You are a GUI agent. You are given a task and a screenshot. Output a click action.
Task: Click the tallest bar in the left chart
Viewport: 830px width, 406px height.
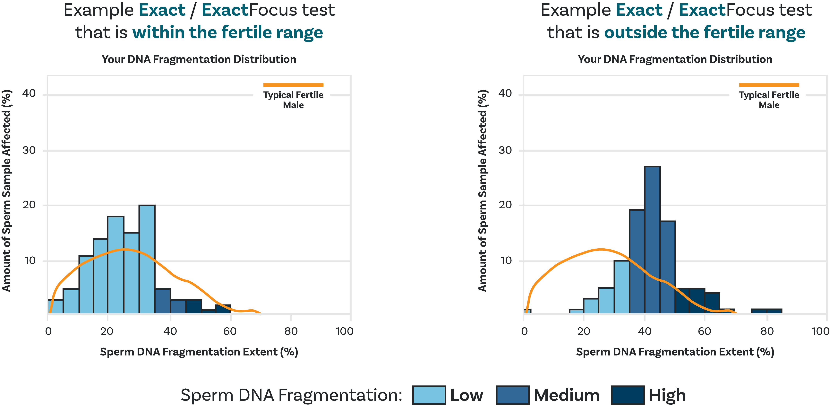147,258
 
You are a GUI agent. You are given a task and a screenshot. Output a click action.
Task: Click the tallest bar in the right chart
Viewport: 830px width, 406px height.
652,239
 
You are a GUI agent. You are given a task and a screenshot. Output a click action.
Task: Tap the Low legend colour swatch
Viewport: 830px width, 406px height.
429,395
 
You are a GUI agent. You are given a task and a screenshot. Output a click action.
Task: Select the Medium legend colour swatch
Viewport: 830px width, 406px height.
512,395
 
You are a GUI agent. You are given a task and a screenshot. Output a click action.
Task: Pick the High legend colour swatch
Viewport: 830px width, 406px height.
628,395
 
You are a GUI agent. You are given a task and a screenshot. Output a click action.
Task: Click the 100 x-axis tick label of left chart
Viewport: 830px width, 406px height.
344,331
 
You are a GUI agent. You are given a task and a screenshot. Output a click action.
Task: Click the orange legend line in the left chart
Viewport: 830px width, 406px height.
293,85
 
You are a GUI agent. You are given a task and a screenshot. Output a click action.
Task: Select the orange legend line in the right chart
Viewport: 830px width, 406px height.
769,85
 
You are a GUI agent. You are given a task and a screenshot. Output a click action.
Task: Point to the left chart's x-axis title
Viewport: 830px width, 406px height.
199,352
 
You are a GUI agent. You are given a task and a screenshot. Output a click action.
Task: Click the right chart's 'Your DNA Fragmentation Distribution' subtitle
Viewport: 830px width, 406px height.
675,59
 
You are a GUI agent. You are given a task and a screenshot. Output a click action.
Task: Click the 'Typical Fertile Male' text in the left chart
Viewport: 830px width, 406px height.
293,100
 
